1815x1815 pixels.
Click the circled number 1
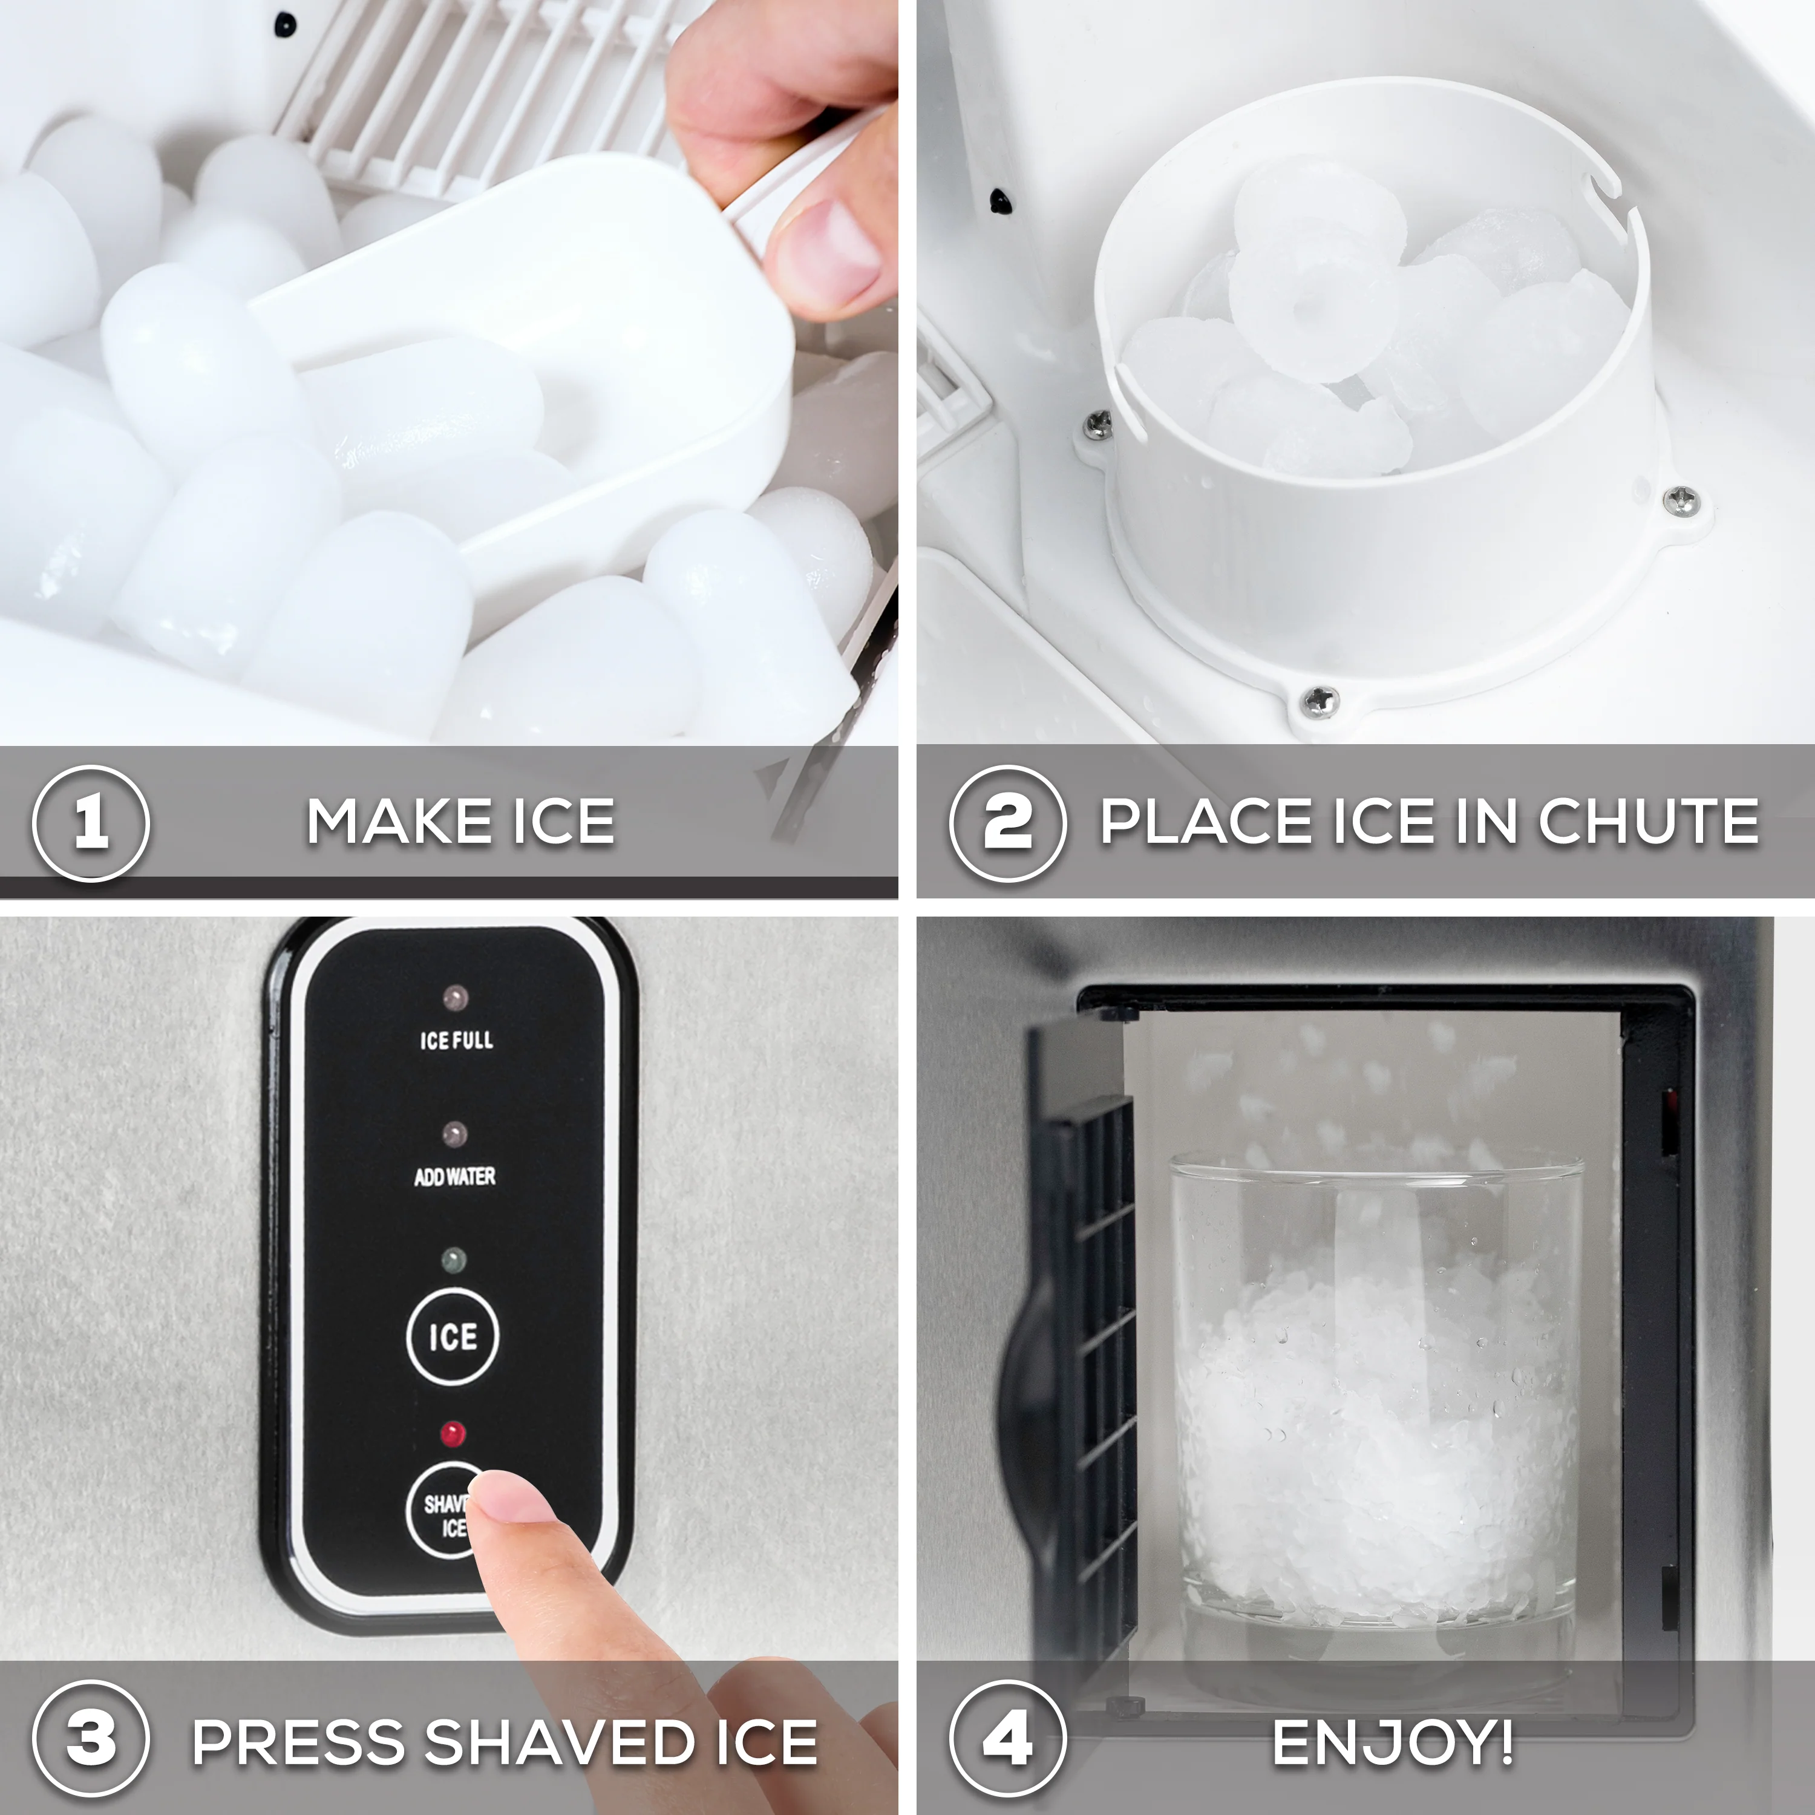tap(91, 823)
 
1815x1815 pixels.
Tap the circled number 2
tap(1007, 823)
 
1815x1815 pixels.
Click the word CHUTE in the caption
tap(1648, 823)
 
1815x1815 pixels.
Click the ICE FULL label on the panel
tap(457, 1040)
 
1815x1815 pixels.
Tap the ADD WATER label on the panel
tap(455, 1176)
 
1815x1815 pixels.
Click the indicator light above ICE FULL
tap(456, 998)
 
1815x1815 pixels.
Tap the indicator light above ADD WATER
tap(455, 1135)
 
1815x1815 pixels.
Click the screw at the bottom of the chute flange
tap(1320, 699)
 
